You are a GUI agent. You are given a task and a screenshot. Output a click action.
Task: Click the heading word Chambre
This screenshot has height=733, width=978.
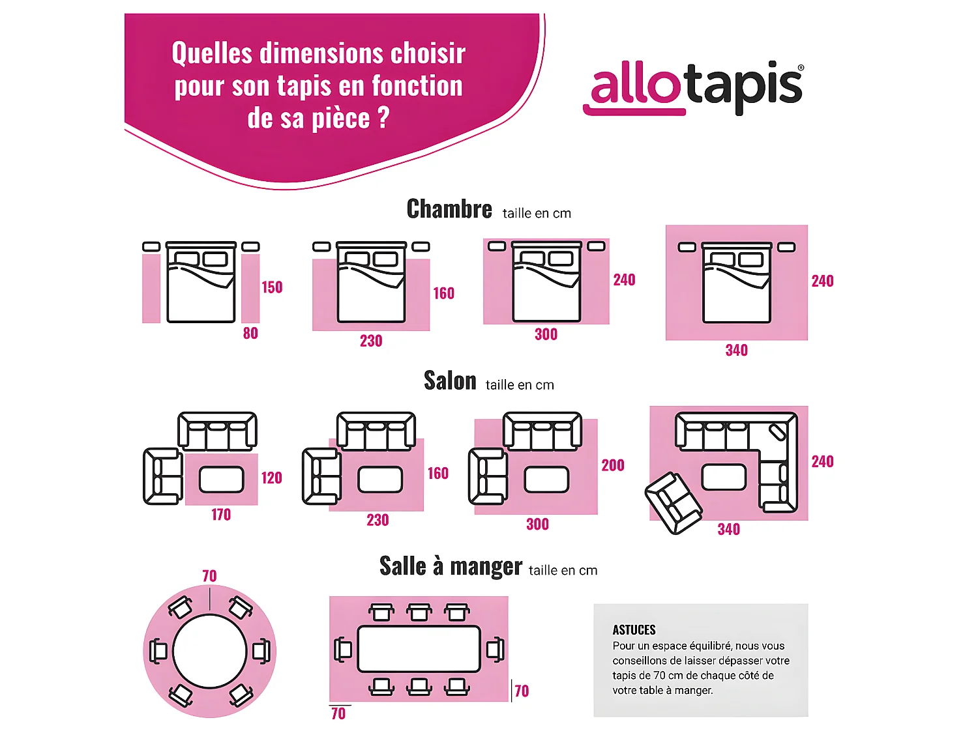tap(449, 209)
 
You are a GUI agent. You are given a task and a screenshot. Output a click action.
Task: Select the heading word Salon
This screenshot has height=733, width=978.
tap(450, 381)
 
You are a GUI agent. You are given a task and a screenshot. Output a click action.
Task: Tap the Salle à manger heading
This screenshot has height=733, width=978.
tap(451, 566)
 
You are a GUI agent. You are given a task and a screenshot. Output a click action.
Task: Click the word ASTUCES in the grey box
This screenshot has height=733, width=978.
tap(634, 630)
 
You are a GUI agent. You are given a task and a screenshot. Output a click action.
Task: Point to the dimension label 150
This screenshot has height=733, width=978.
tap(272, 287)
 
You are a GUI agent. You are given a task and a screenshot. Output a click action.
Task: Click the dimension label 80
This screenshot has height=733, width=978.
tap(250, 334)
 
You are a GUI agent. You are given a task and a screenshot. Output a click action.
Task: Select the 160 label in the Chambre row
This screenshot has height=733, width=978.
tap(443, 293)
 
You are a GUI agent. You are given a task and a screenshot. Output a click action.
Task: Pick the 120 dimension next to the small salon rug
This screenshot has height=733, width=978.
tap(271, 478)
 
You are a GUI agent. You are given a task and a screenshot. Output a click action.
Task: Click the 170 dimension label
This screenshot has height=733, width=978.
tap(221, 515)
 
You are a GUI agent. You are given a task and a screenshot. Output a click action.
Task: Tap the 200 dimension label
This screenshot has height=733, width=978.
tap(612, 465)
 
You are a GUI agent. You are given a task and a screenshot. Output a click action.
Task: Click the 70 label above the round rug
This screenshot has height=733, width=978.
tap(209, 576)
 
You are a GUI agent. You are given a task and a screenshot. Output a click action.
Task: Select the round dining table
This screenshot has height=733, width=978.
tap(210, 651)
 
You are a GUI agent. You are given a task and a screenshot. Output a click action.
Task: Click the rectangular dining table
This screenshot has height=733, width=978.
tap(419, 649)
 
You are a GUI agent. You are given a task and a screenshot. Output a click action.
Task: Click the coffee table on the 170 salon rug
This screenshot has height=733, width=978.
tap(221, 480)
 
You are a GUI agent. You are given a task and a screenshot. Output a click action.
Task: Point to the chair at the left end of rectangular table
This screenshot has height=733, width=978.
tap(343, 649)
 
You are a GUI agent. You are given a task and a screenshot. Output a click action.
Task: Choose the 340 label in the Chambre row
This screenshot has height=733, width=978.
tap(736, 351)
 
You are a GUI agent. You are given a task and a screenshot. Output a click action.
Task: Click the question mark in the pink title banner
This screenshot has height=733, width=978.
tap(383, 118)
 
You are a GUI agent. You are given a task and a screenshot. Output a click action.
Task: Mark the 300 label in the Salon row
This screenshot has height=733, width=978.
tap(537, 525)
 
